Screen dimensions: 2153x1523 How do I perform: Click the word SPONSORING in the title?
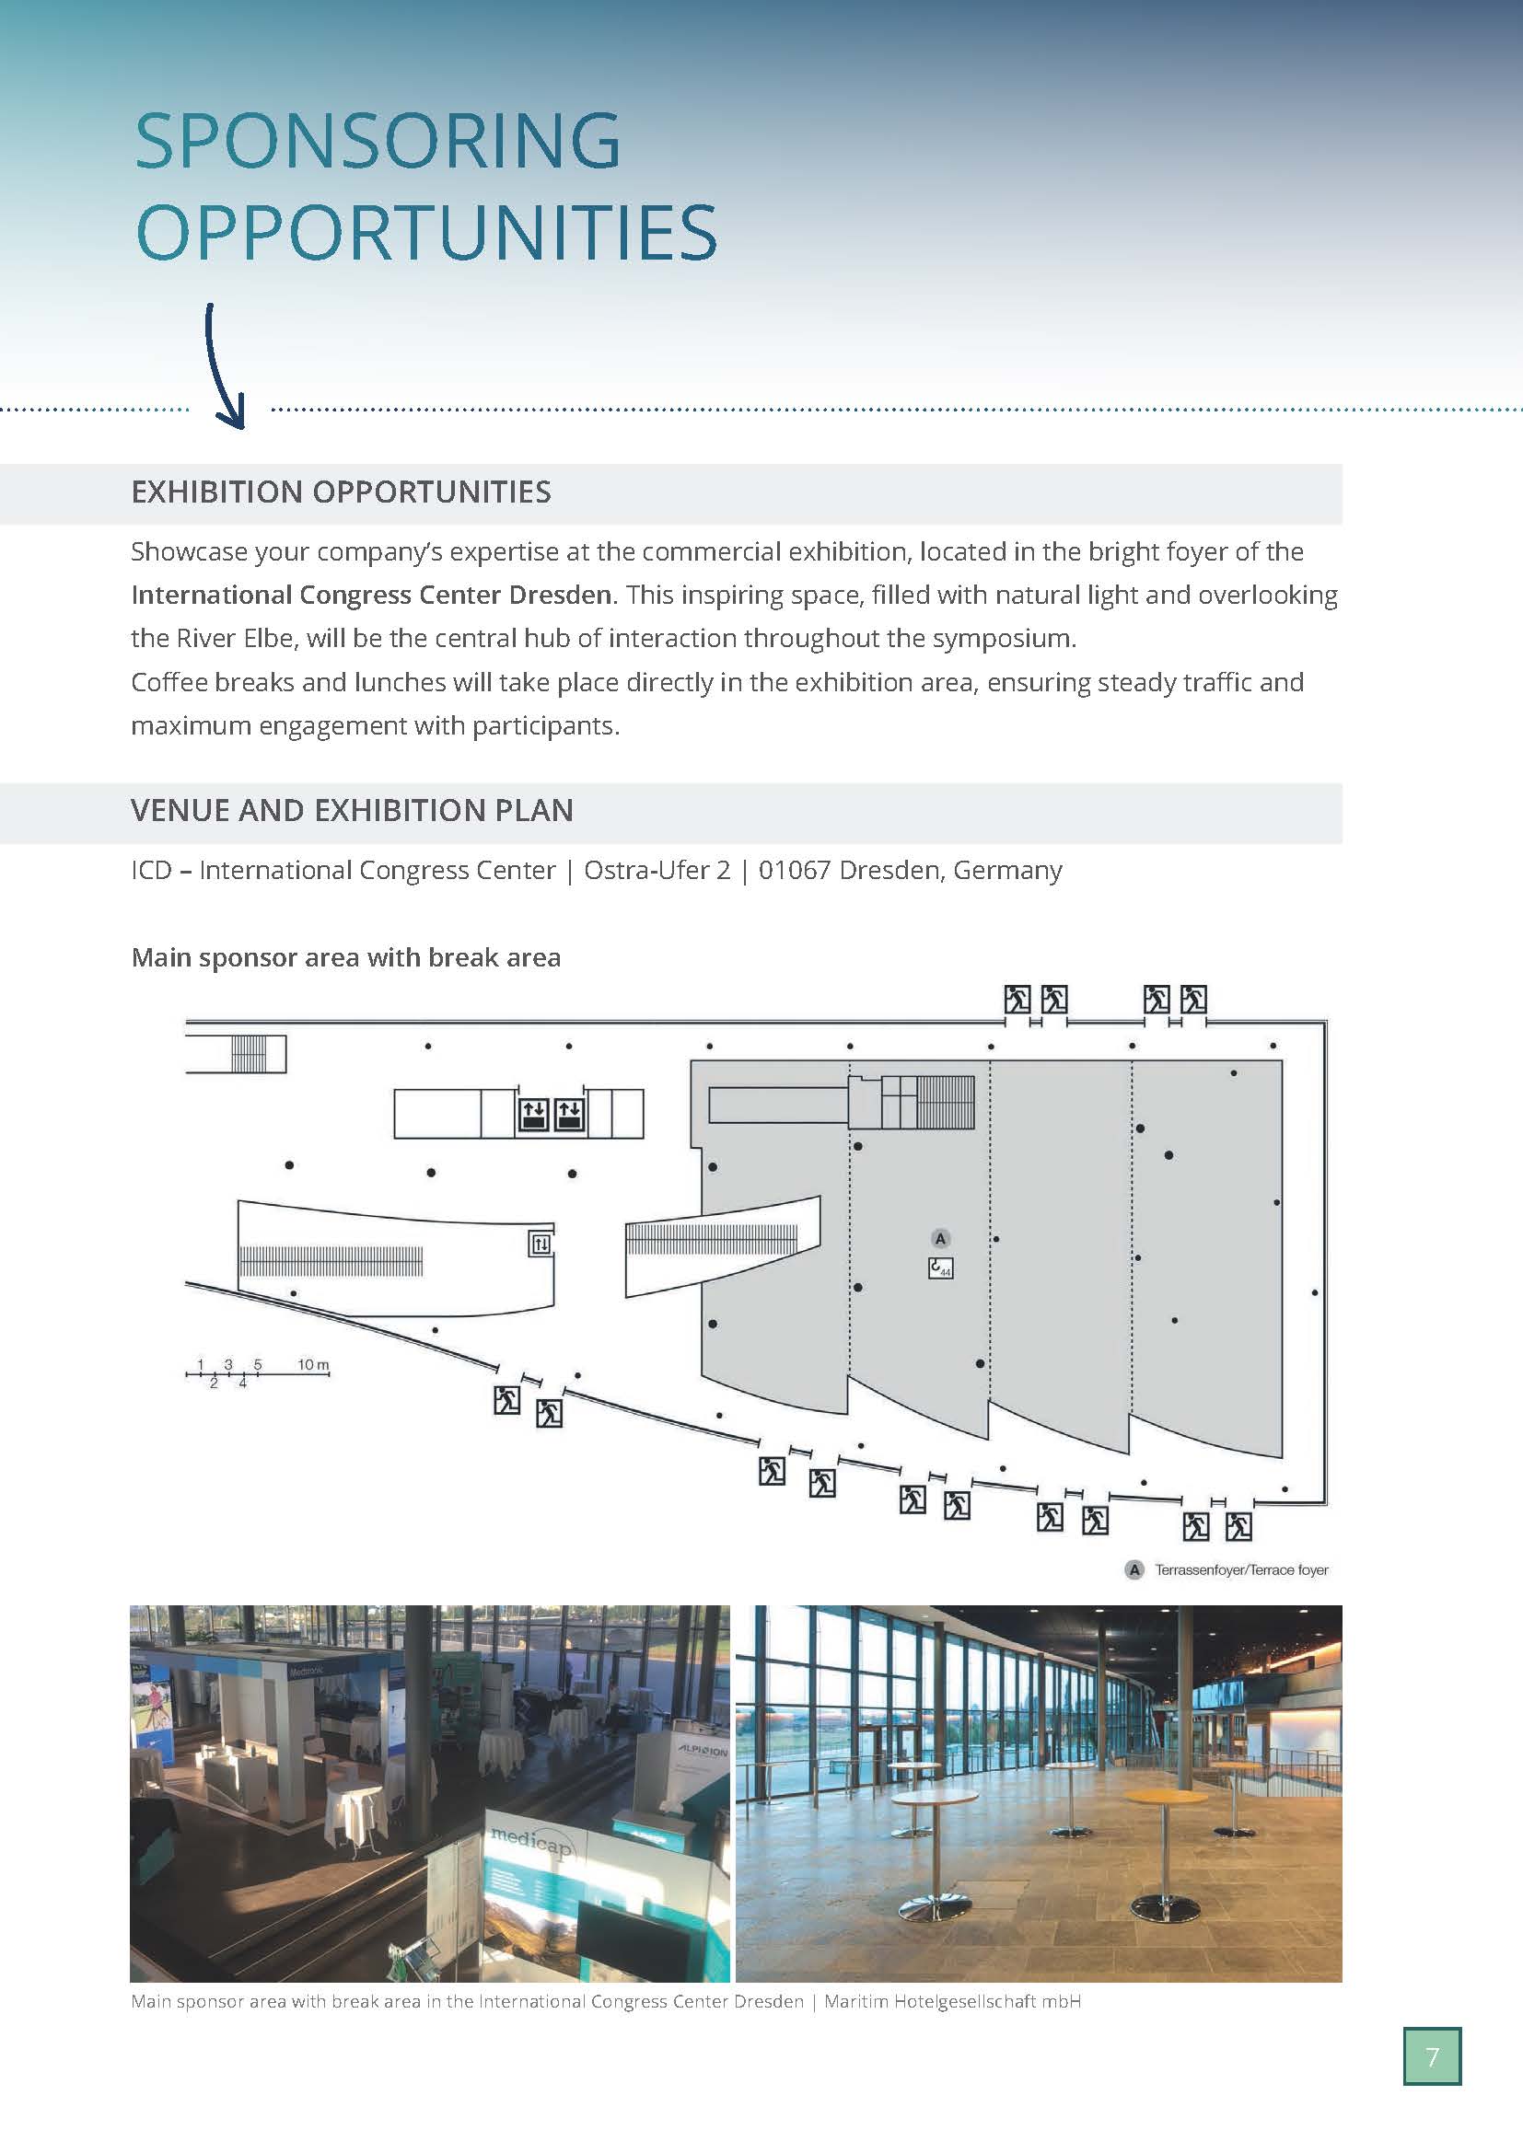377,141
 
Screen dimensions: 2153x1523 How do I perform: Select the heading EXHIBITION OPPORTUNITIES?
342,492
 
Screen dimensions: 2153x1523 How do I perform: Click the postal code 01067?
795,870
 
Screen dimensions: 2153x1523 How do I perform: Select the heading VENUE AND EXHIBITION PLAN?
352,810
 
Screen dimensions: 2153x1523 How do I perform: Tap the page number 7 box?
1431,2057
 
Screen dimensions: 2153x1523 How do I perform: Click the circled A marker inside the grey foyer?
941,1239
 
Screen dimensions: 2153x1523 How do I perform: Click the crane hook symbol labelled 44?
940,1267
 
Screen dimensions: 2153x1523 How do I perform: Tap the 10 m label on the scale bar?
313,1364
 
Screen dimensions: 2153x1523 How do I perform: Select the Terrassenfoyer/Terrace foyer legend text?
1240,1569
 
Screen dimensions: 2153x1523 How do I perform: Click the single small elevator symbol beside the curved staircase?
541,1244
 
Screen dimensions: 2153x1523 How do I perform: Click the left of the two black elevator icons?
534,1114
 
